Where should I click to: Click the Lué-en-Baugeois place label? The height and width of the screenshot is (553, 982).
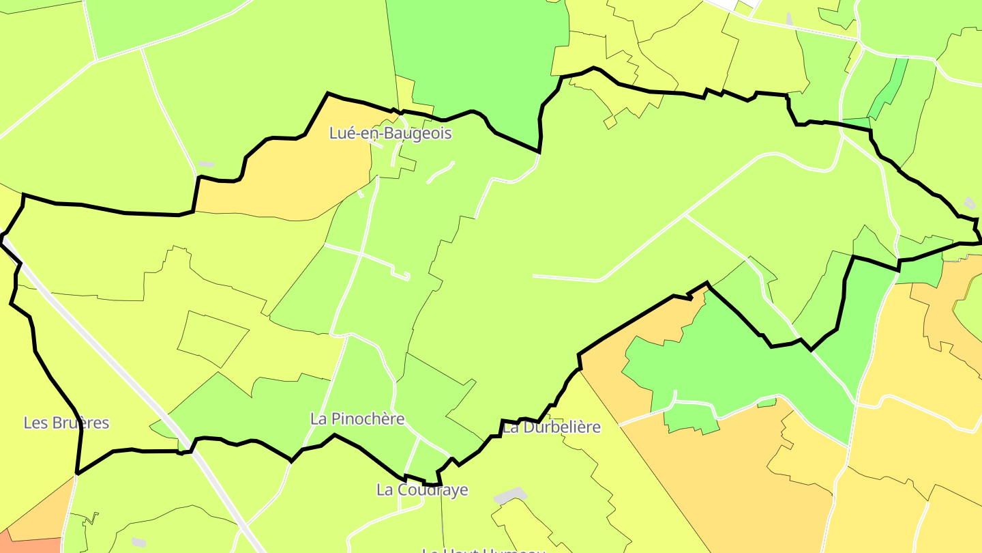pyautogui.click(x=390, y=133)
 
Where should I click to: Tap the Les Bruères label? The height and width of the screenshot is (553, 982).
pyautogui.click(x=66, y=423)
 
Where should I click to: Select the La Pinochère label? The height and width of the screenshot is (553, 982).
pyautogui.click(x=357, y=419)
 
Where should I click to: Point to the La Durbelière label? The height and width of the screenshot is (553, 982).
pyautogui.click(x=552, y=427)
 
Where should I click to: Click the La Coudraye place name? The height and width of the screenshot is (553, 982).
pyautogui.click(x=422, y=490)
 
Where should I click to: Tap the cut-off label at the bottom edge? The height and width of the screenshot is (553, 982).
pyautogui.click(x=483, y=549)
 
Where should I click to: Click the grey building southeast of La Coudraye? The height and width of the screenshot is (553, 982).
pyautogui.click(x=510, y=496)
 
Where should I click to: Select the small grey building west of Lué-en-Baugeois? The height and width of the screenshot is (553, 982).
pyautogui.click(x=206, y=165)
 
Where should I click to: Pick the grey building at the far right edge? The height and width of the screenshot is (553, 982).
pyautogui.click(x=970, y=203)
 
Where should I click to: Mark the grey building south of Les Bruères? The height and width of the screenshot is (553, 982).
pyautogui.click(x=138, y=542)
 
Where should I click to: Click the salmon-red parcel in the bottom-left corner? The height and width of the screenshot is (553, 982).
pyautogui.click(x=31, y=545)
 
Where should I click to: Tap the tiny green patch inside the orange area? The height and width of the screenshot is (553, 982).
pyautogui.click(x=767, y=403)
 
